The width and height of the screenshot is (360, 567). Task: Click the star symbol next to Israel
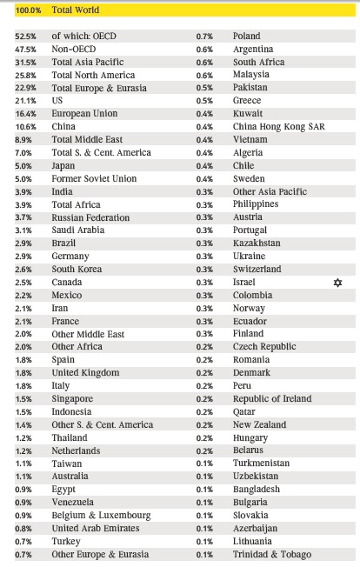point(337,283)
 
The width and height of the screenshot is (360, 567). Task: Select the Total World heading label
point(75,10)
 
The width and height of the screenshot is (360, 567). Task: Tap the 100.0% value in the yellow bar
point(28,10)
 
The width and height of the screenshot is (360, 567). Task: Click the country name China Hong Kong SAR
point(278,127)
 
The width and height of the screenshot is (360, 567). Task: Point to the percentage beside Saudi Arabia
point(23,230)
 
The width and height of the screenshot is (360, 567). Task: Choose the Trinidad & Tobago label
point(272,554)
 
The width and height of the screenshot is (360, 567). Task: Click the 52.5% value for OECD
point(25,37)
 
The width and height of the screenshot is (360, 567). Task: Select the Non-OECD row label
point(74,50)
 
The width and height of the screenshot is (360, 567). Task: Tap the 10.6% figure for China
point(25,127)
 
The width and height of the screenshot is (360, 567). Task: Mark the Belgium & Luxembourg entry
point(101,516)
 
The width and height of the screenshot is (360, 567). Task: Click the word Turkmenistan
point(262,464)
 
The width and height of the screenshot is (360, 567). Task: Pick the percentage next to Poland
point(204,37)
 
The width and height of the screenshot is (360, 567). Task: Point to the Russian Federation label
point(90,217)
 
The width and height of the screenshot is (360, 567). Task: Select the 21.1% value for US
point(25,101)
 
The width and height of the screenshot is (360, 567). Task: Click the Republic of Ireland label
point(272,398)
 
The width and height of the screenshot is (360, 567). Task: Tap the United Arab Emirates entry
point(96,529)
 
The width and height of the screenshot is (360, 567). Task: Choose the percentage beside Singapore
point(23,399)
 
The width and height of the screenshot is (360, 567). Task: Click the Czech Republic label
point(264,346)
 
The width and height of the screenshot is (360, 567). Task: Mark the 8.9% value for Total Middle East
point(23,140)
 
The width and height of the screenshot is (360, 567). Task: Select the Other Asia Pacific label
point(270,191)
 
